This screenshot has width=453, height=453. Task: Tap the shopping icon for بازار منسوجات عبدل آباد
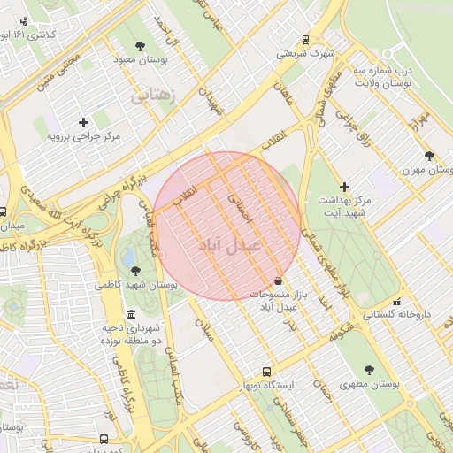pyautogui.click(x=279, y=280)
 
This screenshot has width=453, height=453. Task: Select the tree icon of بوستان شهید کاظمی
pyautogui.click(x=134, y=271)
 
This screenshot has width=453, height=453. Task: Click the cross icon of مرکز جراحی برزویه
pyautogui.click(x=83, y=122)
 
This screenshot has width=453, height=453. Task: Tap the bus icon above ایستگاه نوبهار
pyautogui.click(x=266, y=372)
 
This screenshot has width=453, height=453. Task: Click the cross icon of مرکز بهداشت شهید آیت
pyautogui.click(x=345, y=187)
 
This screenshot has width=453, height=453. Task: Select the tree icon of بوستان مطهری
pyautogui.click(x=369, y=370)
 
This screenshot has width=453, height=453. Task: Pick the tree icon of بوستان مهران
pyautogui.click(x=429, y=156)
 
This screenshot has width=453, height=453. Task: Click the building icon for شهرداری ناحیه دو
pyautogui.click(x=132, y=315)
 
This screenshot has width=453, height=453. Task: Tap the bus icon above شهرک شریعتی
pyautogui.click(x=305, y=39)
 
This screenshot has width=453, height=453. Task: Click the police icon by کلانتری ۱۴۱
pyautogui.click(x=23, y=20)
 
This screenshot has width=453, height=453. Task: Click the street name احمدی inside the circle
pyautogui.click(x=240, y=209)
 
